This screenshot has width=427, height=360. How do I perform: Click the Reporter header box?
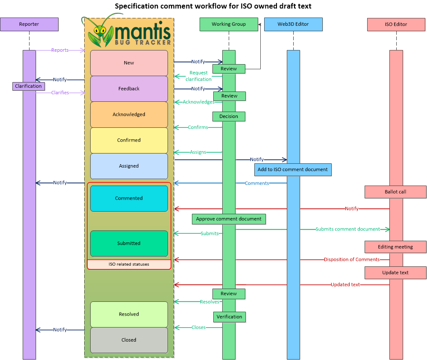(29, 24)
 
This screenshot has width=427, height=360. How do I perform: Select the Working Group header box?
(229, 24)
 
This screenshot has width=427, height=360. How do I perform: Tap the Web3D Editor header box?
(293, 24)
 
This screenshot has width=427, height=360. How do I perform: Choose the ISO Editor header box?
(396, 24)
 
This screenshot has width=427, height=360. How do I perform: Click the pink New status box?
(129, 63)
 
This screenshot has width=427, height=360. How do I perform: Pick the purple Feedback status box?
(129, 89)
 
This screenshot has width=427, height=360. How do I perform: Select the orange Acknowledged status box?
(129, 115)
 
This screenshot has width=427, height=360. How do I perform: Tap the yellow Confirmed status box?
(129, 140)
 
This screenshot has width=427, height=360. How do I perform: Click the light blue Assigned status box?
(129, 166)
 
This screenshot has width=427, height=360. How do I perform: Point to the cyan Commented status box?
(129, 198)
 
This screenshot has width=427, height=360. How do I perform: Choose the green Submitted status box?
(129, 243)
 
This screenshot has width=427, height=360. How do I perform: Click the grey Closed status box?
(129, 340)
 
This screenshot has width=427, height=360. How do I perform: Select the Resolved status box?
(129, 314)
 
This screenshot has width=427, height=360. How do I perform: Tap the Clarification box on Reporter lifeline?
(28, 86)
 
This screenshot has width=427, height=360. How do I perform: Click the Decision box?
(229, 116)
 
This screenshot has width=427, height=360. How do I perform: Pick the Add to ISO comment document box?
(293, 170)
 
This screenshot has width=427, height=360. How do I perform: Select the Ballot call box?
(395, 192)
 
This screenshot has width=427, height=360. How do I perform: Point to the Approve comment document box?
(229, 219)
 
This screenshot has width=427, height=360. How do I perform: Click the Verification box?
(230, 317)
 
